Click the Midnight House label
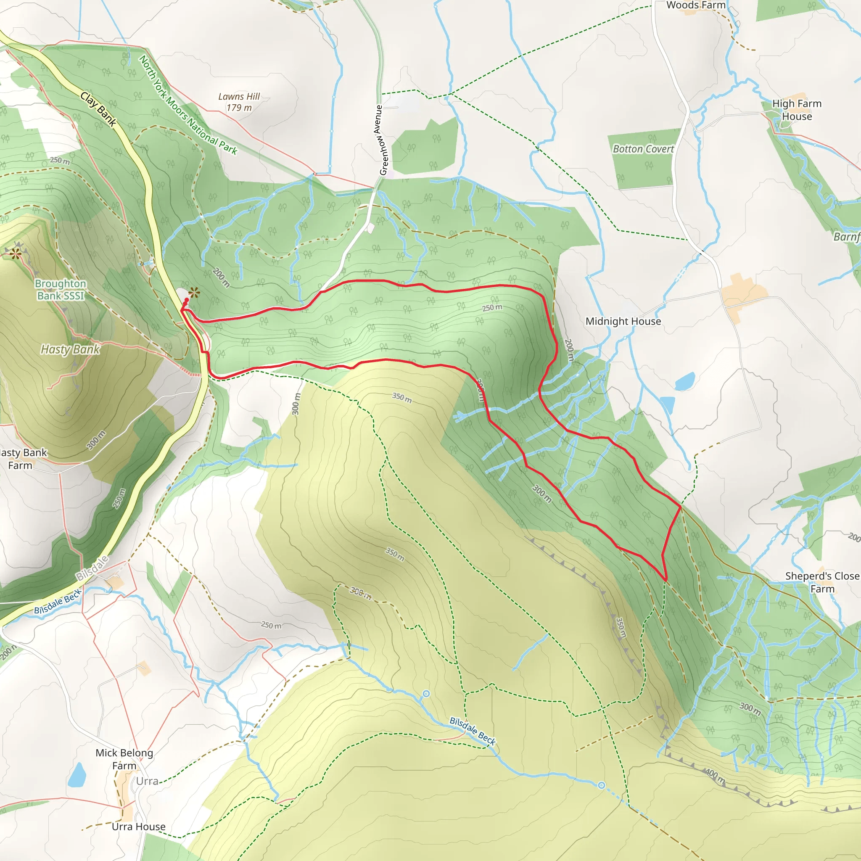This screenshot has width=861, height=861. click(623, 321)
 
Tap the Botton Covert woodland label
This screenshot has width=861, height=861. click(643, 149)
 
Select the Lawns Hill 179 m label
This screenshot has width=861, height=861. click(239, 102)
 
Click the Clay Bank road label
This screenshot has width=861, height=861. click(98, 109)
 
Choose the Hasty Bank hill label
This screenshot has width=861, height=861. click(70, 349)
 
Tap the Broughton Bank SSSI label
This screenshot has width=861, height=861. click(61, 290)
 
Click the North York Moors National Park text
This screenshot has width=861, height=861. click(188, 105)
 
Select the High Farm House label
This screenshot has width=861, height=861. click(796, 110)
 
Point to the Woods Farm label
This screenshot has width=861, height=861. click(696, 5)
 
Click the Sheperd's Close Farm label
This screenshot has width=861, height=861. click(822, 582)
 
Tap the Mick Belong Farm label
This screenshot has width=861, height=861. click(124, 759)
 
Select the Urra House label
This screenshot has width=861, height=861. click(139, 827)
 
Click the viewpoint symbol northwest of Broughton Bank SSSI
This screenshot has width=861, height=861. click(16, 254)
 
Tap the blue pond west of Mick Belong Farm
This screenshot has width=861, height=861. click(77, 775)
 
